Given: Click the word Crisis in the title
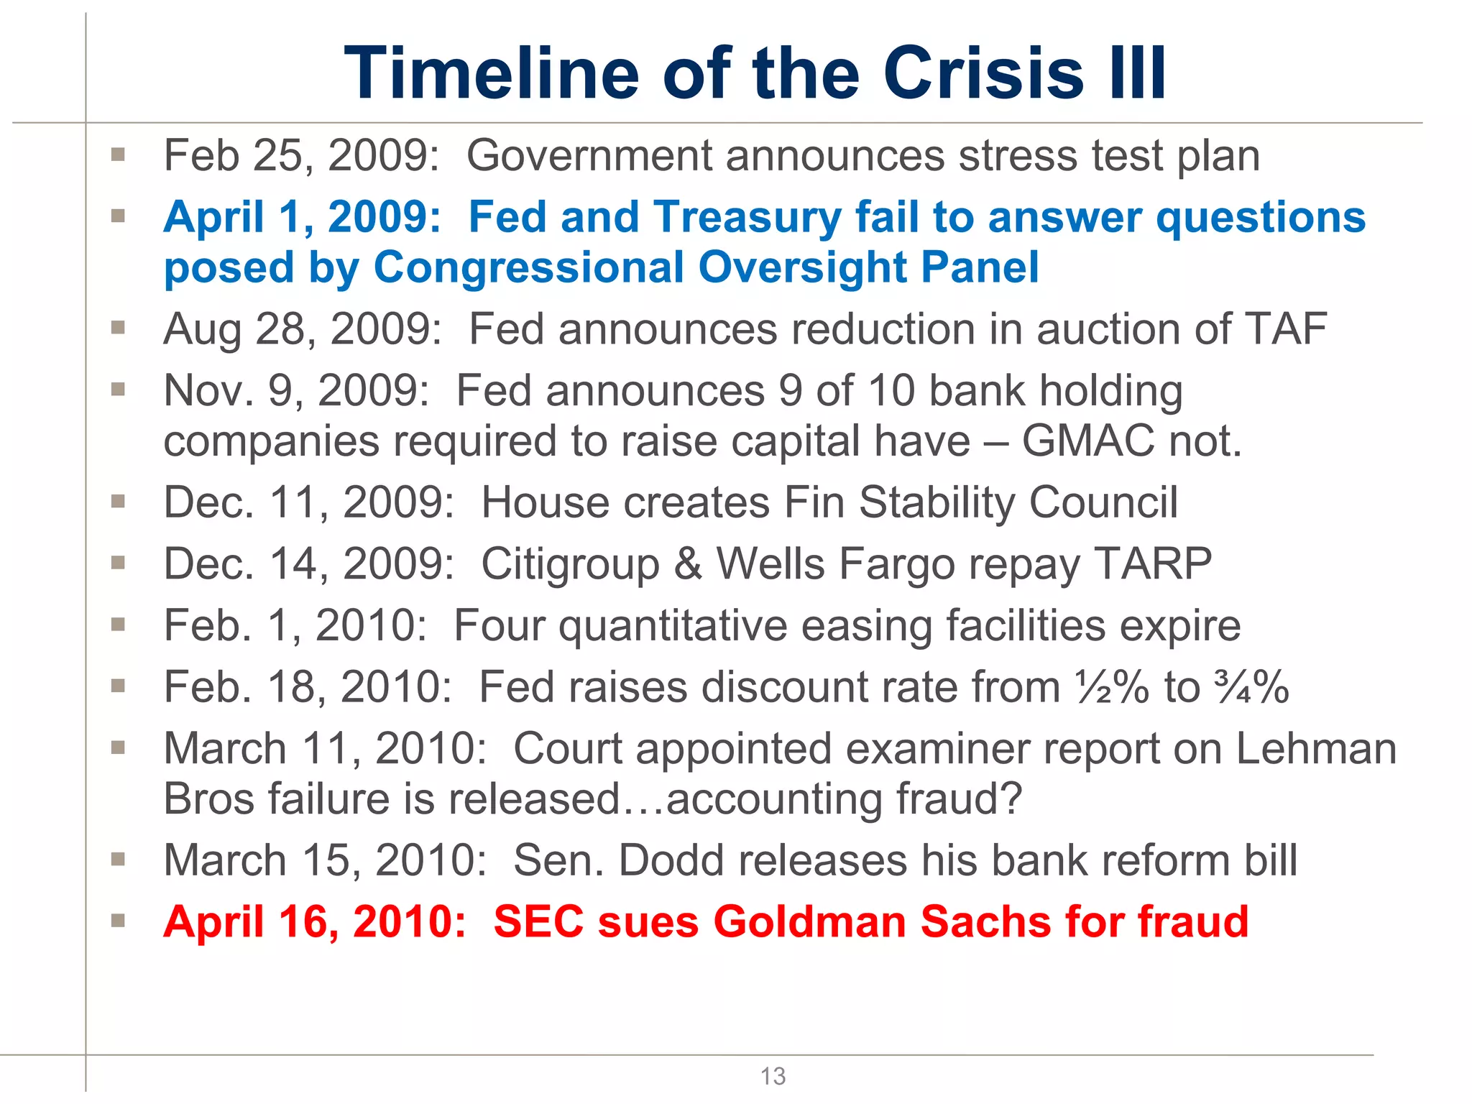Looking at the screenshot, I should (982, 73).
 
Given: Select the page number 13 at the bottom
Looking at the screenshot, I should (773, 1076).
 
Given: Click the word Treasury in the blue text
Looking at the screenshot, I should (747, 217).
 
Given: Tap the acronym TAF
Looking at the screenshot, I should (1286, 329).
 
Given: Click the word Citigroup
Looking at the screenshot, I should (570, 565).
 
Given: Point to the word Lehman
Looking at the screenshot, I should (1316, 749).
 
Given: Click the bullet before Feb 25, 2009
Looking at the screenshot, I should (119, 154).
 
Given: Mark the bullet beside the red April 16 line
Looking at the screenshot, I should (119, 920).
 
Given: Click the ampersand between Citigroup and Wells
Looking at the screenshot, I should (688, 564).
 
